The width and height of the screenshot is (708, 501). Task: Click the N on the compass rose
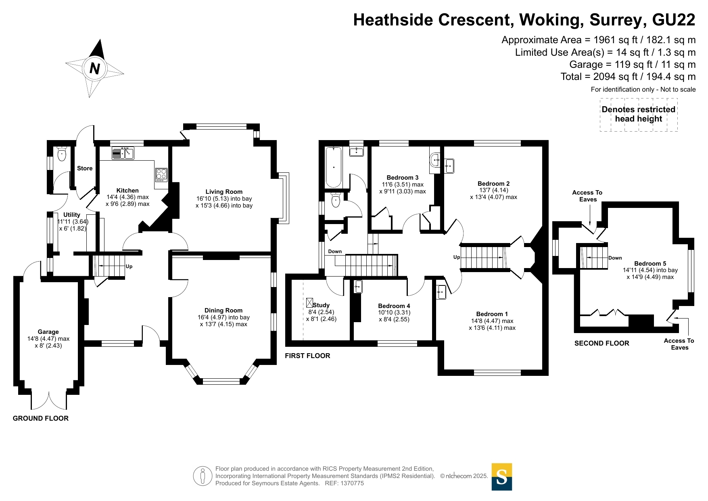click(x=95, y=69)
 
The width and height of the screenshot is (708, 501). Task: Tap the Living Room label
click(x=224, y=192)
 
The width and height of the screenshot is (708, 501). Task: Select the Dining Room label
click(x=223, y=310)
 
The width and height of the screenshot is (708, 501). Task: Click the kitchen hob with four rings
click(x=161, y=175)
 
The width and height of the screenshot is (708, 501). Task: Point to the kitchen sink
click(x=123, y=153)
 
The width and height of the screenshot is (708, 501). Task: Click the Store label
click(x=85, y=168)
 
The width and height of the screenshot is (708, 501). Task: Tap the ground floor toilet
click(x=62, y=154)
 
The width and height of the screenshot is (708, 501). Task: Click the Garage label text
click(x=48, y=332)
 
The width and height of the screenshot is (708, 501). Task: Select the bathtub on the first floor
click(x=334, y=167)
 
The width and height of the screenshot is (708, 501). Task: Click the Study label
click(x=321, y=305)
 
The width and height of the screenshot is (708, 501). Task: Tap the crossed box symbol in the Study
click(x=309, y=302)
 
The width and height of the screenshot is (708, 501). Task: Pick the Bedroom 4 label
click(x=394, y=306)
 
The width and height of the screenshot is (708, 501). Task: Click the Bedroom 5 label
click(x=650, y=264)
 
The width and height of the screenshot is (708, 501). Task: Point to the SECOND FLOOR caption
click(x=602, y=343)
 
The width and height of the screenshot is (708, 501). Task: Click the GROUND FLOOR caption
click(x=41, y=418)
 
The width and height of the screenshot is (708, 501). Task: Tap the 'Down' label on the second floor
click(x=615, y=258)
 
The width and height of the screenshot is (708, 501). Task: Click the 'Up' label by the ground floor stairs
click(x=129, y=266)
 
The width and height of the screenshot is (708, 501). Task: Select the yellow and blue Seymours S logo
click(x=502, y=477)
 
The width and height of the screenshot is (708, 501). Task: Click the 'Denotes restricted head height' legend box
click(x=639, y=115)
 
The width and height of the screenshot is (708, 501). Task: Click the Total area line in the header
click(x=628, y=77)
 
